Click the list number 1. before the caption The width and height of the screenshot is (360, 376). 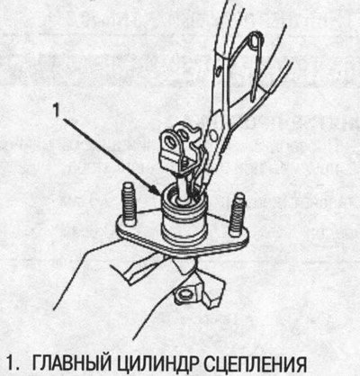point(13,365)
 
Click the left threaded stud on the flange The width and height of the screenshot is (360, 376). point(129,205)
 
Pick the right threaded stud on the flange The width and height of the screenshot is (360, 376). point(237,214)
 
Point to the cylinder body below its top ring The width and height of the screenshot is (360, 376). point(184,222)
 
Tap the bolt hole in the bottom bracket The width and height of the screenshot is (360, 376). point(184,293)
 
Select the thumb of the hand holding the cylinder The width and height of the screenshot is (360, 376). point(141,268)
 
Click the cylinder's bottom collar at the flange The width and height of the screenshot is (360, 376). point(184,237)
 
